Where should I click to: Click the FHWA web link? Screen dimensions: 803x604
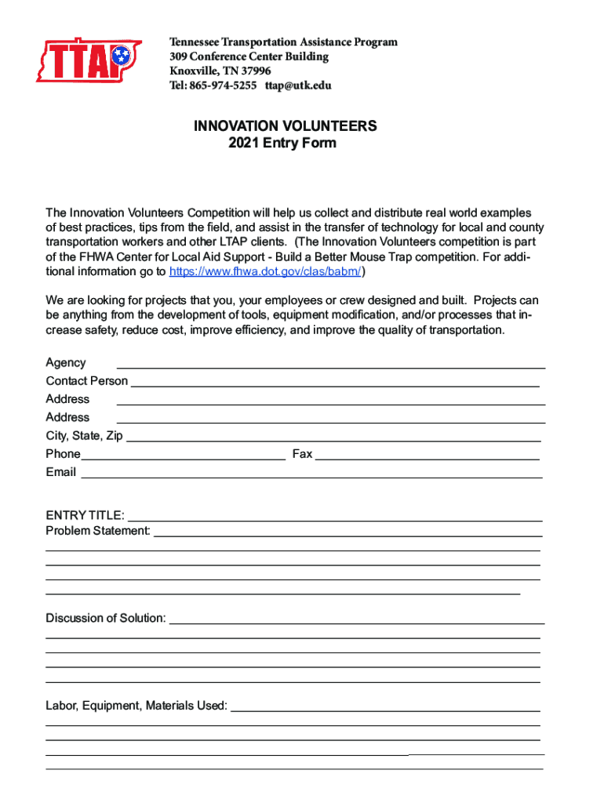[266, 271]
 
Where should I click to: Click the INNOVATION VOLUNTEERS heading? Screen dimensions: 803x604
[286, 125]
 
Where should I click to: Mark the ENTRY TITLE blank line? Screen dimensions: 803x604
[335, 518]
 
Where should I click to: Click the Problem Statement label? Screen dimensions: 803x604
[98, 531]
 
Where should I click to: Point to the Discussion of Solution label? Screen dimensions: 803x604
[106, 618]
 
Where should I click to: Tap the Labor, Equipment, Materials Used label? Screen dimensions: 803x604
[136, 706]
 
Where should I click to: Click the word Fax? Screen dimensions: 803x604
[302, 454]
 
